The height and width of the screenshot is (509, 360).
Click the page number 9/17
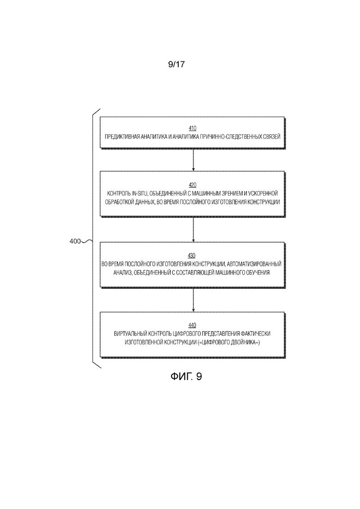[176, 64]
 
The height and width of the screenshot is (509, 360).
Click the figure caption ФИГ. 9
[186, 377]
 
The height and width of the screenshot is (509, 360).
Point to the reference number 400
[75, 241]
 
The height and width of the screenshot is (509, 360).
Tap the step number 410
[192, 129]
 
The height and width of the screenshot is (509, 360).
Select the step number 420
[192, 185]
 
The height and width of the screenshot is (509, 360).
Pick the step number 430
[192, 256]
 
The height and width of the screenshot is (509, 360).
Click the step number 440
[192, 325]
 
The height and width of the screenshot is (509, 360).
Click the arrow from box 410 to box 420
[193, 160]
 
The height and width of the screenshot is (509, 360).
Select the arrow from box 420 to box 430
[193, 229]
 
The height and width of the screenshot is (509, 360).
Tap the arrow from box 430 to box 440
[193, 300]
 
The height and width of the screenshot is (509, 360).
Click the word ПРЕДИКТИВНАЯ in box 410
[122, 137]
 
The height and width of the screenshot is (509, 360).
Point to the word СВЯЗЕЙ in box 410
[272, 137]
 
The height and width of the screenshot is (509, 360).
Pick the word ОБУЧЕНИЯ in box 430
[258, 273]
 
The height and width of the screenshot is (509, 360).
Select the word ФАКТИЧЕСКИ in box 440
[256, 334]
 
